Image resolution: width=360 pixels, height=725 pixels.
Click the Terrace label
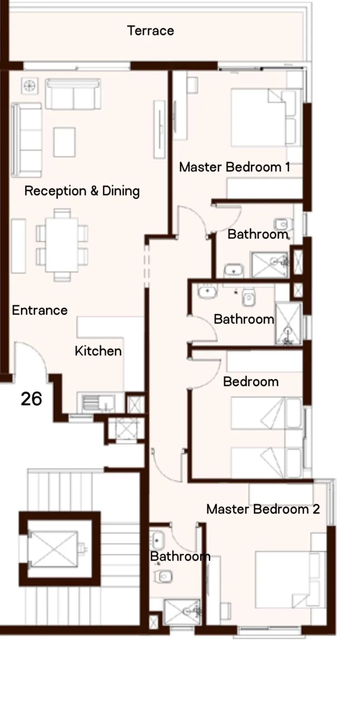(x=151, y=31)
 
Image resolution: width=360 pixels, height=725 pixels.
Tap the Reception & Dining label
(x=82, y=191)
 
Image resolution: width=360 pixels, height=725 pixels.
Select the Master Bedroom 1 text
(x=234, y=167)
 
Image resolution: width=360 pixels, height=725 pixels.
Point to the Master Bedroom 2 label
(x=263, y=509)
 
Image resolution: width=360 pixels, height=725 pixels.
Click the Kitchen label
(x=98, y=351)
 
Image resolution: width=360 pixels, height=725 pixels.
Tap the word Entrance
(x=40, y=310)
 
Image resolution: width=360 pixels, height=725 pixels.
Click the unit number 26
(x=31, y=399)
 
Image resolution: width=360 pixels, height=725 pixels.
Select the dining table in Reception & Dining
(x=62, y=245)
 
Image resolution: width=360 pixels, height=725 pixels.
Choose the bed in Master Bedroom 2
(x=290, y=580)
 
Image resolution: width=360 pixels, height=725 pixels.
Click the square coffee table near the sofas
(x=64, y=142)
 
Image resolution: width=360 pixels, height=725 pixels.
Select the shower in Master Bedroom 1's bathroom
(x=270, y=265)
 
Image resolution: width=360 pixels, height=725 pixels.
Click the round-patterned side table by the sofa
(x=29, y=86)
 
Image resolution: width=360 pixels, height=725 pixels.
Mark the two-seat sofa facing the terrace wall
(x=73, y=94)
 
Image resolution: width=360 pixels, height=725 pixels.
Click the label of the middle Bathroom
(x=244, y=319)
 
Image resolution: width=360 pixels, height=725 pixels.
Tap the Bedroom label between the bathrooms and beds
(x=251, y=382)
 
